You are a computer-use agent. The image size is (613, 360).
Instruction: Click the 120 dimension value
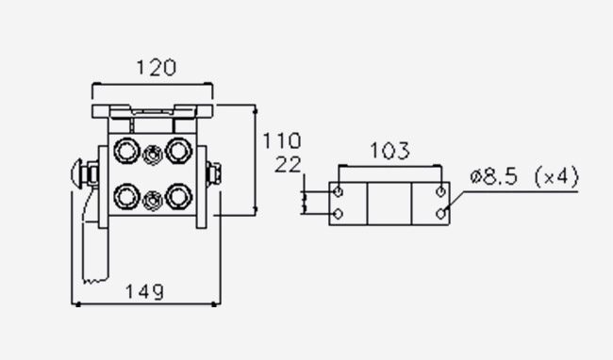[x=157, y=68]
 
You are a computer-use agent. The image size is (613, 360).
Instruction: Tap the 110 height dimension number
[x=282, y=140]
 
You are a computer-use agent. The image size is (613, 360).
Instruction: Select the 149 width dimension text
[x=144, y=292]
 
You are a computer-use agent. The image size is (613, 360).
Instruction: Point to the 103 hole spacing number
[x=389, y=151]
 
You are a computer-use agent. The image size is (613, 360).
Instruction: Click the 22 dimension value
[x=289, y=165]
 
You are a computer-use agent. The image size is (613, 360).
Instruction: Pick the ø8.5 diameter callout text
[x=494, y=176]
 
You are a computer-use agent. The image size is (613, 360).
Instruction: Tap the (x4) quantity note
[x=556, y=177]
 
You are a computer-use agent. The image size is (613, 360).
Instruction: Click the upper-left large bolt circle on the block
[x=126, y=151]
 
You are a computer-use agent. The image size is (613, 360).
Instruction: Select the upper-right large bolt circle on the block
[x=178, y=151]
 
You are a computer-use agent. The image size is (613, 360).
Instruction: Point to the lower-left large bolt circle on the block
[x=126, y=196]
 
